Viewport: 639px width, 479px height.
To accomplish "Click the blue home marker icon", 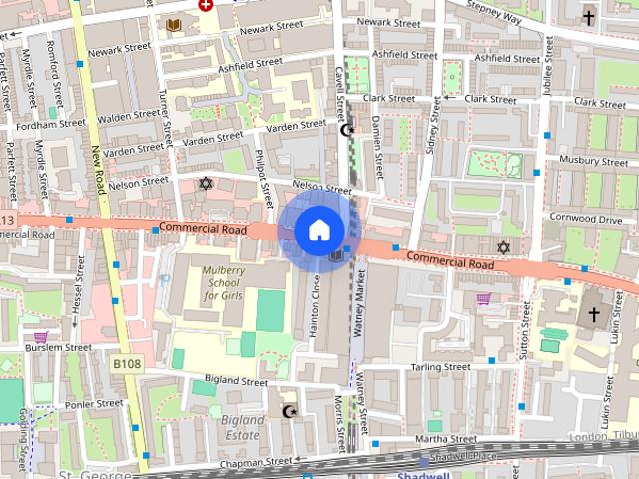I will [318, 231].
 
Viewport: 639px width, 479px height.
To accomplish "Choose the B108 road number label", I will [126, 364].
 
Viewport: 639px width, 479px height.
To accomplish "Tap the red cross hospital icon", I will [206, 4].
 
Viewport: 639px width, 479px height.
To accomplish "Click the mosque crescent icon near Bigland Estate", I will [290, 411].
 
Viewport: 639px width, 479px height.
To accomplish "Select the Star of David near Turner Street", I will [207, 184].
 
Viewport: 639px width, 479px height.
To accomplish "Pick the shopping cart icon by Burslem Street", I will [40, 338].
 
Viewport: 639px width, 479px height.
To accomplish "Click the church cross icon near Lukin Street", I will [593, 315].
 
